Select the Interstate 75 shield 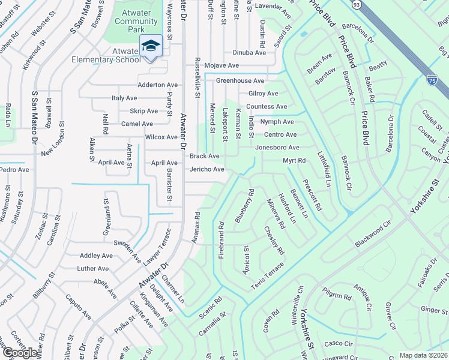pos(432,79)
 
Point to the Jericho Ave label pos(207,169)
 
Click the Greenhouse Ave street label pos(240,80)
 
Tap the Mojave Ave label pos(221,65)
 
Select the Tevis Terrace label pos(267,276)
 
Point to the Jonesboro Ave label pos(277,148)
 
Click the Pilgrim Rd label pos(337,296)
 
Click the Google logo pos(20,352)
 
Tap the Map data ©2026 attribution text pos(423,355)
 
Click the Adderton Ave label pos(158,85)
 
